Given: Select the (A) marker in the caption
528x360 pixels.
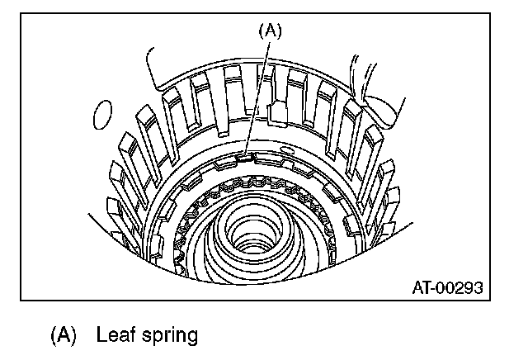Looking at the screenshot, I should pyautogui.click(x=64, y=335).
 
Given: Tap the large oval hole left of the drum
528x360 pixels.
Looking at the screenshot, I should pyautogui.click(x=102, y=116).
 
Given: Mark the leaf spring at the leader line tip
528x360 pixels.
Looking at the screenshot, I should pyautogui.click(x=243, y=154).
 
